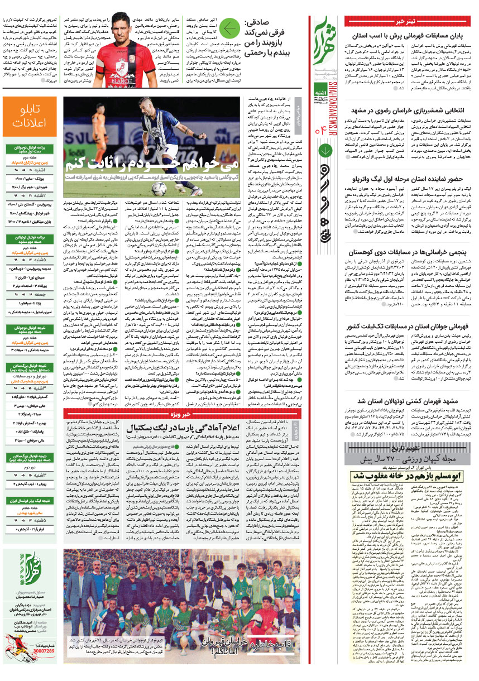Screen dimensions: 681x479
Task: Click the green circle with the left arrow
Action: (229, 27)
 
